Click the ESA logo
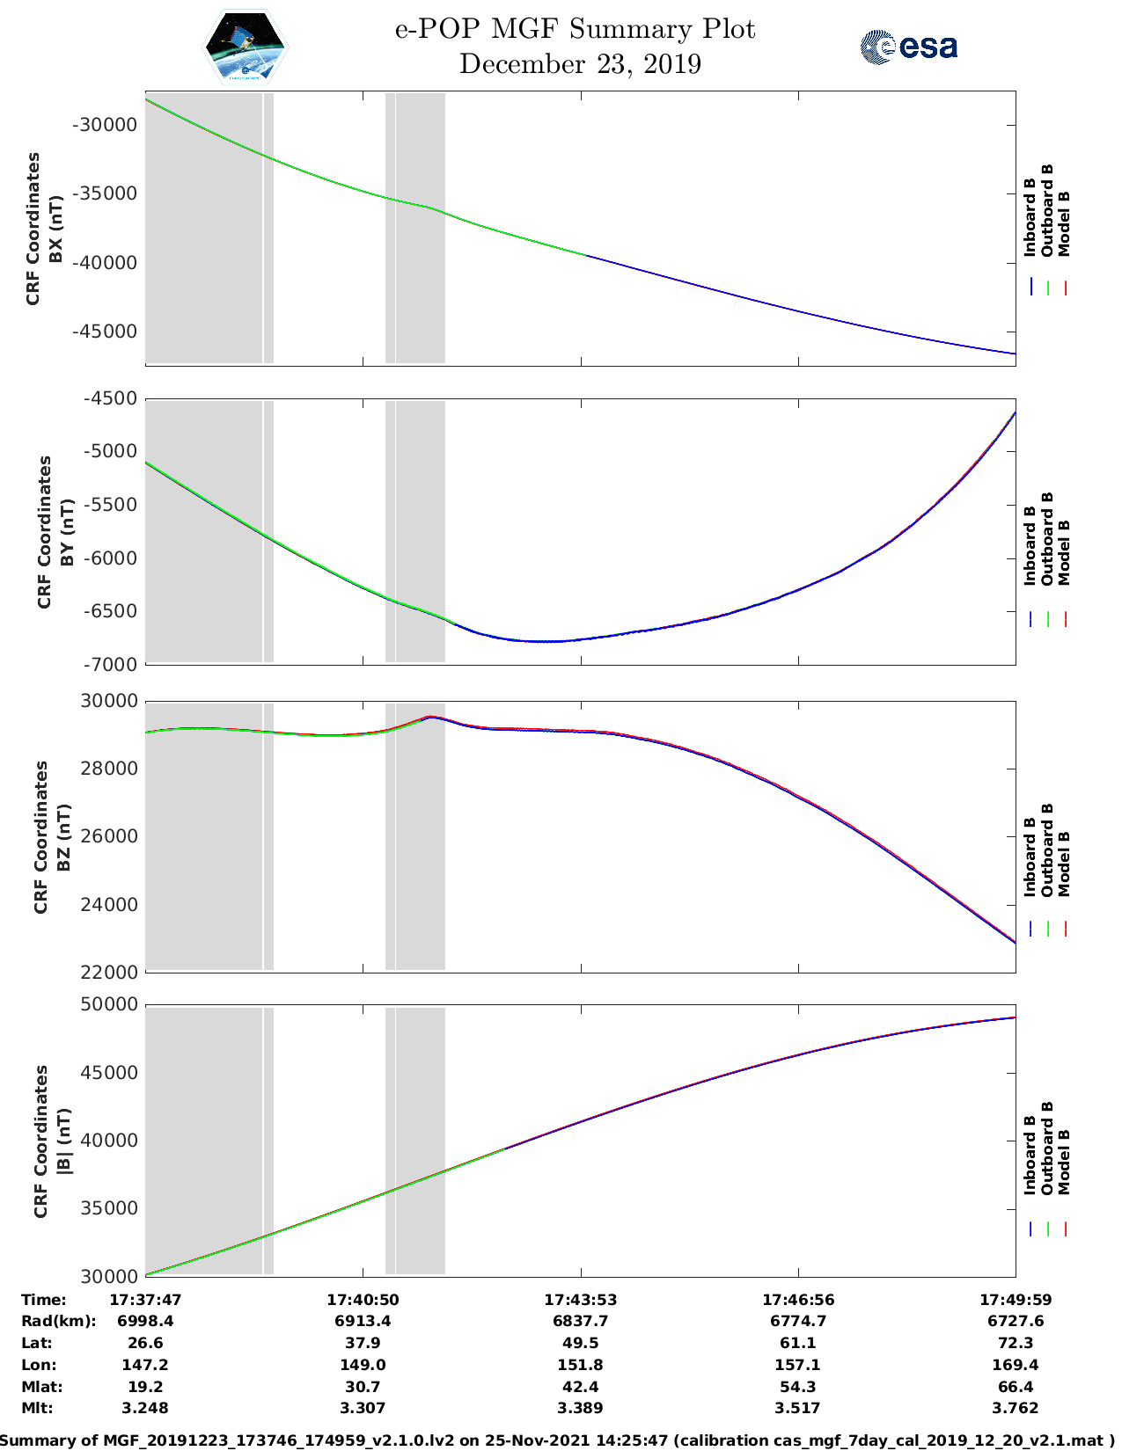pyautogui.click(x=908, y=46)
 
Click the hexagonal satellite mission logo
pyautogui.click(x=246, y=47)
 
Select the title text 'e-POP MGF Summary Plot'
pyautogui.click(x=575, y=29)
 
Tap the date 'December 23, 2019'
pyautogui.click(x=580, y=64)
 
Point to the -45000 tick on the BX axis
pyautogui.click(x=106, y=332)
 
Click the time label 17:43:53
pyautogui.click(x=580, y=1300)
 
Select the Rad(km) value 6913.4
pyautogui.click(x=363, y=1321)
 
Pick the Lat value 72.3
pyautogui.click(x=1016, y=1343)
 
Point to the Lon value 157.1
pyautogui.click(x=797, y=1365)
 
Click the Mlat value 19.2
pyautogui.click(x=145, y=1387)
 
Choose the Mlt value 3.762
pyautogui.click(x=1016, y=1408)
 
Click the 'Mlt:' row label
pyautogui.click(x=37, y=1408)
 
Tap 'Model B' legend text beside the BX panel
pyautogui.click(x=1064, y=223)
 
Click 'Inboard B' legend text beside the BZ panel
pyautogui.click(x=1030, y=857)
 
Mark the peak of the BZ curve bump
pyautogui.click(x=429, y=717)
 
